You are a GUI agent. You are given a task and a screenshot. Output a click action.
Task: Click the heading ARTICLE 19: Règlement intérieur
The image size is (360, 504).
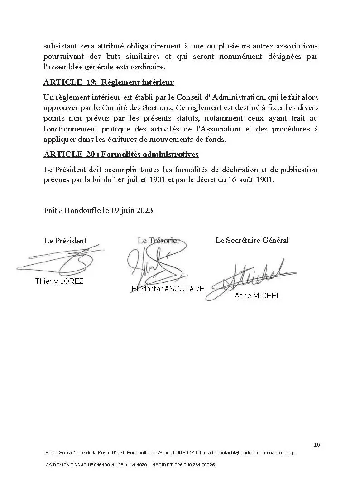tap(109, 82)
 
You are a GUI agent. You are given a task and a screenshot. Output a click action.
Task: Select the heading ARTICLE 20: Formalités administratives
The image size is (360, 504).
tap(121, 155)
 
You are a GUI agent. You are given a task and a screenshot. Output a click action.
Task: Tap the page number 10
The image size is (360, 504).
tap(317, 445)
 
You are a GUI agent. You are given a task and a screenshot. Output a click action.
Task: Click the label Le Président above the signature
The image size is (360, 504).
tap(65, 241)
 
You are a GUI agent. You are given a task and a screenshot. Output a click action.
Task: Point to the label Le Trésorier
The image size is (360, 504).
tap(158, 241)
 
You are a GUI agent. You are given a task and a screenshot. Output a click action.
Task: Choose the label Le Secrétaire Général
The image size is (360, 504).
tap(252, 240)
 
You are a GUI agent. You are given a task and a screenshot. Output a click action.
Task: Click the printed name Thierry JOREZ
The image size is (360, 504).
tap(59, 281)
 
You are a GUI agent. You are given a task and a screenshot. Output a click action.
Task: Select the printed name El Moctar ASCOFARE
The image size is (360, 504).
tap(168, 289)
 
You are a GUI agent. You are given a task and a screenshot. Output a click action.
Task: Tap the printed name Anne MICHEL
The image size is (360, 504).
tap(257, 296)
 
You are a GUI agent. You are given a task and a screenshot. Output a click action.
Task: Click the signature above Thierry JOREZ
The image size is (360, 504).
tap(63, 262)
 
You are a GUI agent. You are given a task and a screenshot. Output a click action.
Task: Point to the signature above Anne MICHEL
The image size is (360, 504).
tap(251, 277)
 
